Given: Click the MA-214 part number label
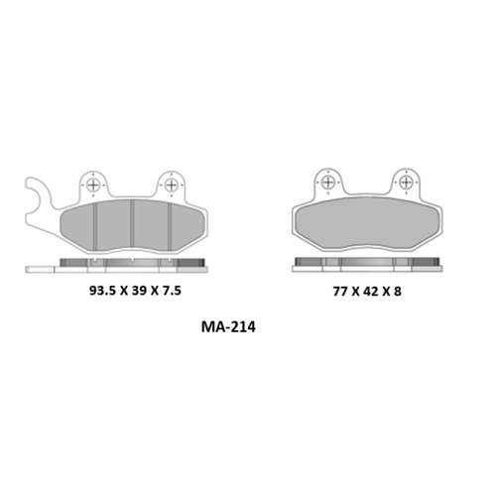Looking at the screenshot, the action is click(228, 327).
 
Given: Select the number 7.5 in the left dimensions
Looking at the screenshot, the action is click(172, 291).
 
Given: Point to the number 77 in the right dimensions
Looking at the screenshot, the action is click(340, 292).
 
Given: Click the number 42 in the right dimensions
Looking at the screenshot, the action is click(371, 292).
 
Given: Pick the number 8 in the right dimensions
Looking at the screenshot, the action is click(398, 292).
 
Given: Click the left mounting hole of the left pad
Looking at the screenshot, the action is click(93, 186).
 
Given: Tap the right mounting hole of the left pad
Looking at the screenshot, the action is click(172, 185).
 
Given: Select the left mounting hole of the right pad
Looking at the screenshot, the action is click(328, 182).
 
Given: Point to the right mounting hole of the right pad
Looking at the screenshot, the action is click(406, 182).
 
